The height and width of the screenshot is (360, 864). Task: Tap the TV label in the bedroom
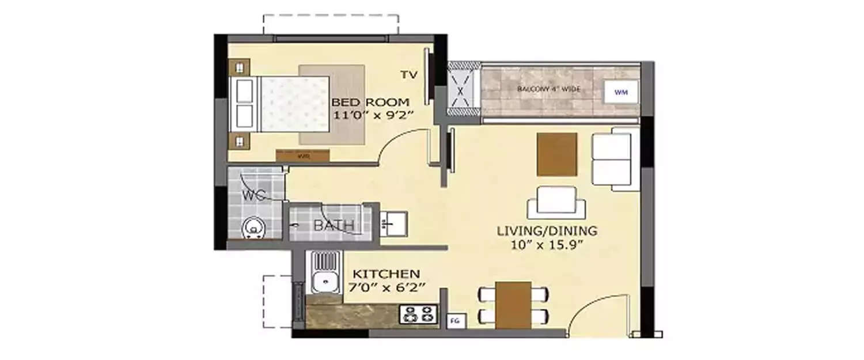409,74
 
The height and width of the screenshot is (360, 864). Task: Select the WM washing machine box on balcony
620,92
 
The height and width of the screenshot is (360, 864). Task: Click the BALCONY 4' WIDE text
548,89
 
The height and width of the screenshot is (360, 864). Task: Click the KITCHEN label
386,274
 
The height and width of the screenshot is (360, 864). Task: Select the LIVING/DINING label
547,231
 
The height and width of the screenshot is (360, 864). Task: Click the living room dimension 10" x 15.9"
547,244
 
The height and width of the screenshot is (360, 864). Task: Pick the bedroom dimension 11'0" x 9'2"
366,115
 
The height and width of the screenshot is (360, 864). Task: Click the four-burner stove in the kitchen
418,314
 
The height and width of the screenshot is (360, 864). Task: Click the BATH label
334,226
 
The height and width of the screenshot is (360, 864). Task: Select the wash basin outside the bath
393,222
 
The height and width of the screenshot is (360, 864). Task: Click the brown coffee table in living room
557,154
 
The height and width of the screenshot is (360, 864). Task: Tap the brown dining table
513,305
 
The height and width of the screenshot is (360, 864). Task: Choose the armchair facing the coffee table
556,202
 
